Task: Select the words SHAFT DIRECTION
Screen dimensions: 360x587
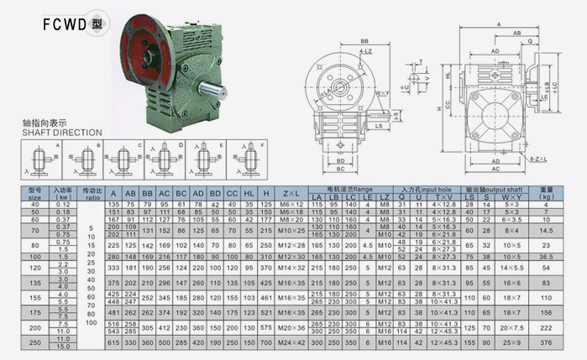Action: point(62,133)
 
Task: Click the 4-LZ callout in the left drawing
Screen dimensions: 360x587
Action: point(343,51)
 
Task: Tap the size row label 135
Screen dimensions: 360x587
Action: point(35,283)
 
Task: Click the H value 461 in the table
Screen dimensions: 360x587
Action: point(266,298)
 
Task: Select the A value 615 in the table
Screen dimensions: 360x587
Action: point(113,342)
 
